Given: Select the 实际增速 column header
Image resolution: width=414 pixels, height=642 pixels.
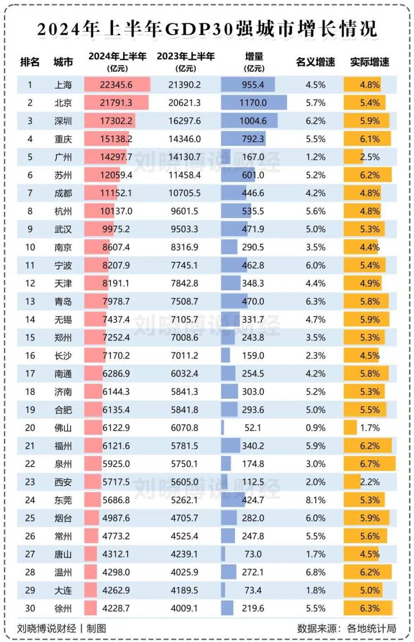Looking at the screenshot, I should click(x=369, y=62).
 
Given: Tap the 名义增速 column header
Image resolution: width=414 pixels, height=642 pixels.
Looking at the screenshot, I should click(x=315, y=62).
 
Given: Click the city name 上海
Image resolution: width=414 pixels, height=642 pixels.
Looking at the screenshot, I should click(x=63, y=85).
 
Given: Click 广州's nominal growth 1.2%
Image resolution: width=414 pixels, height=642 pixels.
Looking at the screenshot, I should click(x=316, y=157).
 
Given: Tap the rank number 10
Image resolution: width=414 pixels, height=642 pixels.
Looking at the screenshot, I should click(x=30, y=247).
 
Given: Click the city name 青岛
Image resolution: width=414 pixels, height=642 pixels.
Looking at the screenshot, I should click(x=63, y=301).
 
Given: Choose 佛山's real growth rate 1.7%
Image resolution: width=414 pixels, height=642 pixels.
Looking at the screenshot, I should click(x=370, y=428).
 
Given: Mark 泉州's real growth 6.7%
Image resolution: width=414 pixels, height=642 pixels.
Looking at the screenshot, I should click(x=370, y=464).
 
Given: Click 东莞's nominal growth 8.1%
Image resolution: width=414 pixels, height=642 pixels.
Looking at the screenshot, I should click(x=316, y=500).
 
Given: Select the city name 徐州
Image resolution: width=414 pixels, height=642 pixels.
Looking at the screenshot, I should click(x=63, y=608).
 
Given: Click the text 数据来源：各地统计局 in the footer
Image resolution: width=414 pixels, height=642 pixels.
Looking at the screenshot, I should click(x=346, y=629).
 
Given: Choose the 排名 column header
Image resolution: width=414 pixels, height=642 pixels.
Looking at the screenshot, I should click(x=30, y=62).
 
